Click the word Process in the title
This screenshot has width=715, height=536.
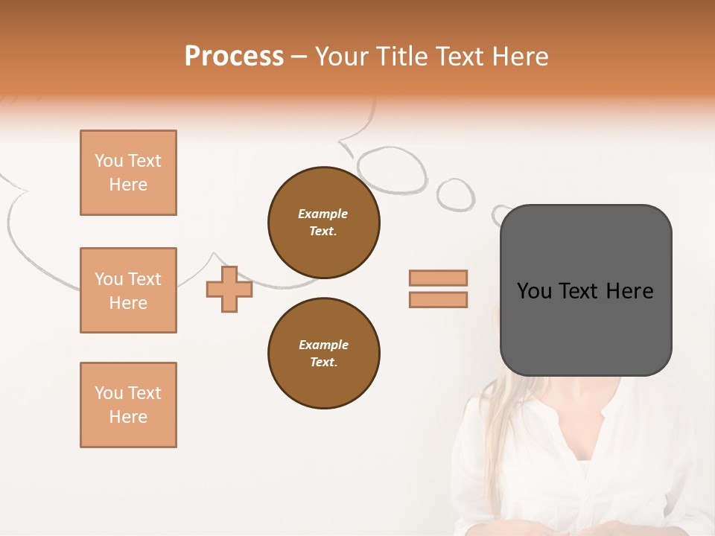click(x=234, y=57)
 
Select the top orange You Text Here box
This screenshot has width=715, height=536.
click(x=128, y=173)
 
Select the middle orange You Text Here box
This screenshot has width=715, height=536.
click(x=128, y=290)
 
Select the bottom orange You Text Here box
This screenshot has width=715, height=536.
click(x=128, y=405)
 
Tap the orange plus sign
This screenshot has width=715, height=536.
click(x=229, y=289)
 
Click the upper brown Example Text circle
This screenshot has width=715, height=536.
click(x=323, y=223)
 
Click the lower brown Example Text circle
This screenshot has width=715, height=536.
click(x=323, y=354)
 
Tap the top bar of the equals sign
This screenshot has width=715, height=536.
click(x=438, y=278)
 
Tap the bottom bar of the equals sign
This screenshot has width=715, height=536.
click(x=438, y=299)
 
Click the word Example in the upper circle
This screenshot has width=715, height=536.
click(x=322, y=214)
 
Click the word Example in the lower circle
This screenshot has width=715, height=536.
click(x=323, y=345)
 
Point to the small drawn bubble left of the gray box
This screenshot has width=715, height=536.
click(x=455, y=194)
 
